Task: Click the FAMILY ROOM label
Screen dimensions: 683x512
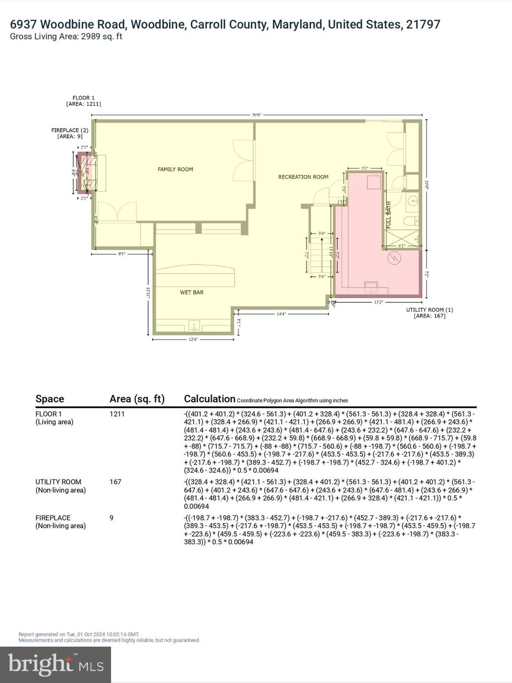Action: tap(175, 169)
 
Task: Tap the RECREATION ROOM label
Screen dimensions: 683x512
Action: tap(303, 177)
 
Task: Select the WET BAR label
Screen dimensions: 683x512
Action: tap(192, 293)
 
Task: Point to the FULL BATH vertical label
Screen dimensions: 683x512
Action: tap(388, 215)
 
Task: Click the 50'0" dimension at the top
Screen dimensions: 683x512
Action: tap(256, 115)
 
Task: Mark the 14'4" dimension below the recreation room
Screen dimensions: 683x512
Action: tap(281, 314)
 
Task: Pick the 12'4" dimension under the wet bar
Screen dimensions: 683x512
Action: tap(193, 340)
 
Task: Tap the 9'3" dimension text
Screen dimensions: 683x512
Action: tap(121, 254)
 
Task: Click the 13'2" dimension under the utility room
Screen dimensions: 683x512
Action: tap(378, 302)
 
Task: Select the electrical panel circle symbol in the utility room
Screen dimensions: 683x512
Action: tap(394, 258)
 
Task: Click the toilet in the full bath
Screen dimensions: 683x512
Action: tap(411, 221)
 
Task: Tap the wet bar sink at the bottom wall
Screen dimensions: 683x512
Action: tap(194, 325)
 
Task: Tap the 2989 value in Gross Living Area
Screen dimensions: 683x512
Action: tap(90, 37)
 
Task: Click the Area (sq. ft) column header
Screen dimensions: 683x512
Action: tap(137, 399)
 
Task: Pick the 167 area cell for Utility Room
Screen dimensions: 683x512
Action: tap(115, 482)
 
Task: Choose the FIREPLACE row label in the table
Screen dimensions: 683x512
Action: tap(53, 518)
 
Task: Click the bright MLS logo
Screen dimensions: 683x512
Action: tap(56, 664)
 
